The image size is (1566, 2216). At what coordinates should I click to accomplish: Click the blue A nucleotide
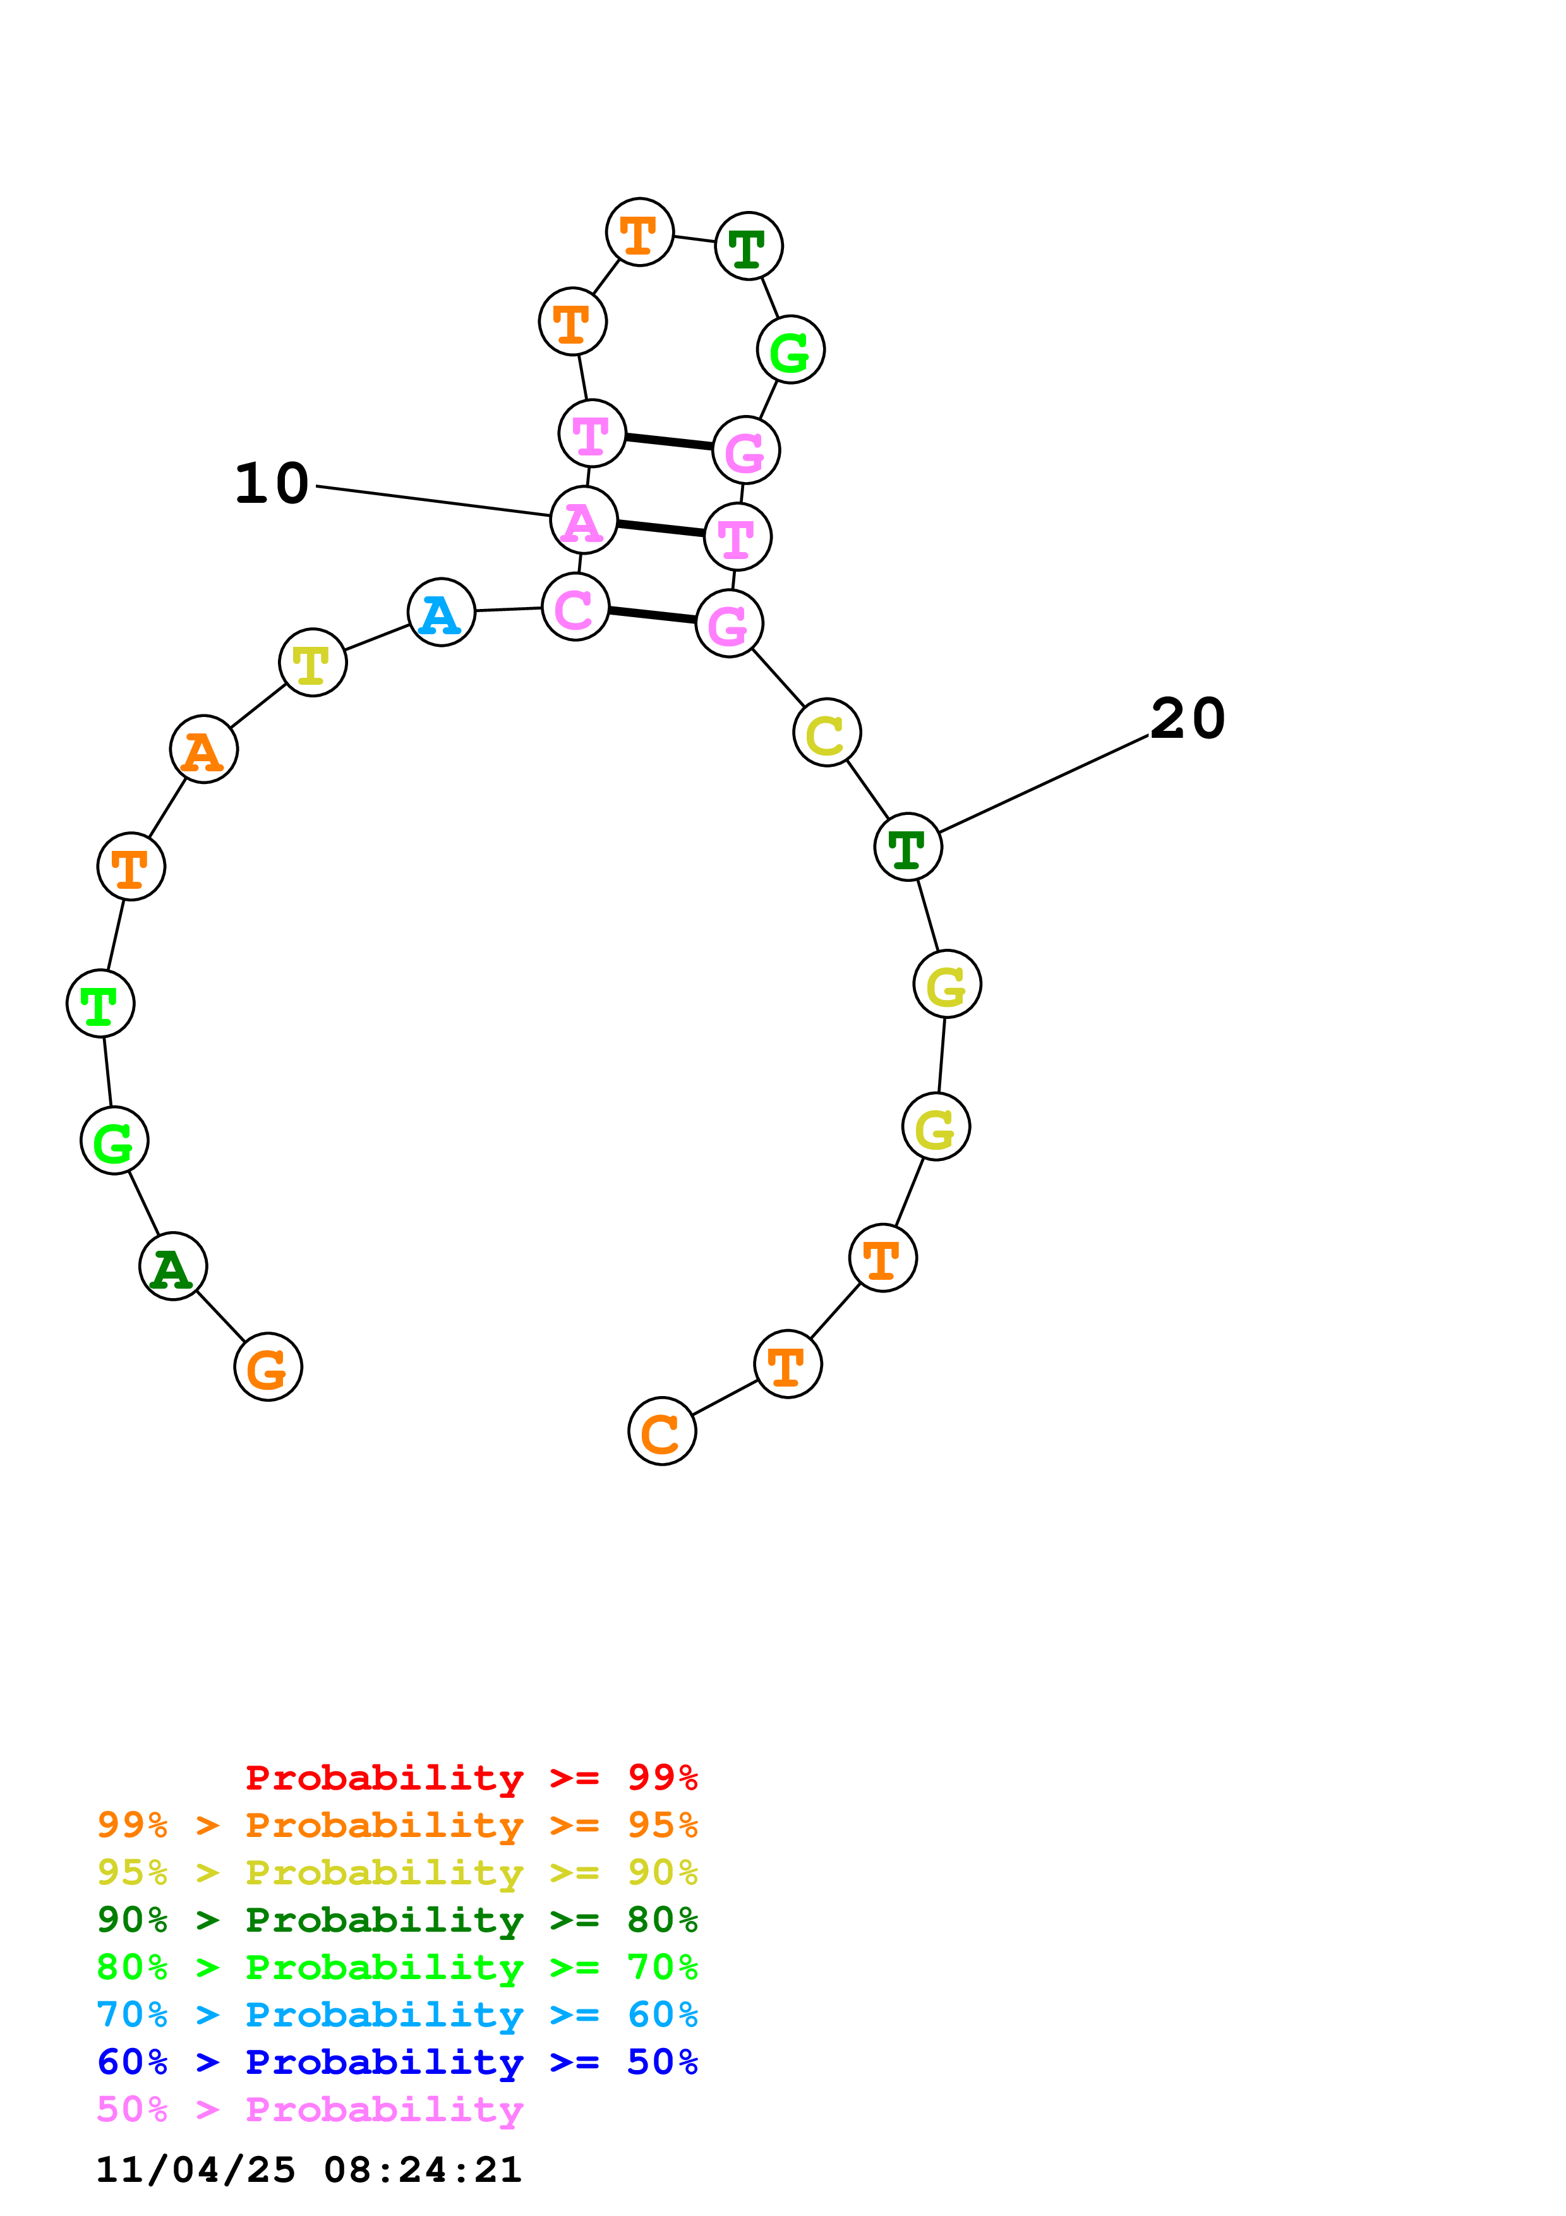441,613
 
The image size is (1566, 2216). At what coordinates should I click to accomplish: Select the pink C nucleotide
575,607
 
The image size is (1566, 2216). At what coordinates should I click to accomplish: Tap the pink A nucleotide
584,521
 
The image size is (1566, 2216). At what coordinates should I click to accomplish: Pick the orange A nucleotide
203,749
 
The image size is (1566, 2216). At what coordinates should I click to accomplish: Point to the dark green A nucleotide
172,1267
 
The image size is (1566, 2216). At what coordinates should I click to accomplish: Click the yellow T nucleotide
313,662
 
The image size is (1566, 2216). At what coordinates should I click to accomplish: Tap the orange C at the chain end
662,1431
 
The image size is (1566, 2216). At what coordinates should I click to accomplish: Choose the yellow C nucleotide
827,733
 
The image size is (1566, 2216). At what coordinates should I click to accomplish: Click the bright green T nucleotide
100,1004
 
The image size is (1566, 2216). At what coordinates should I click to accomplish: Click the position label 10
272,483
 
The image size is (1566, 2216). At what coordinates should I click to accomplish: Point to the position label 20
1188,719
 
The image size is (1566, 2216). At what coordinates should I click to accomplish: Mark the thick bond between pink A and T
661,528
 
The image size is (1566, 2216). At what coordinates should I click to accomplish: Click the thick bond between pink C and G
653,615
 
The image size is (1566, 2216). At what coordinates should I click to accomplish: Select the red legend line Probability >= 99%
471,1778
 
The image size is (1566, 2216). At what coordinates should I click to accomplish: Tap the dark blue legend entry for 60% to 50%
397,2062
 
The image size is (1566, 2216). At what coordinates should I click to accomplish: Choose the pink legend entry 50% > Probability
310,2110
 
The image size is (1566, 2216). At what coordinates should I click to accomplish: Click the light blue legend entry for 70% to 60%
397,2015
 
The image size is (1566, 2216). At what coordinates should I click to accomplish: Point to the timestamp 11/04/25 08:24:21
309,2170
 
